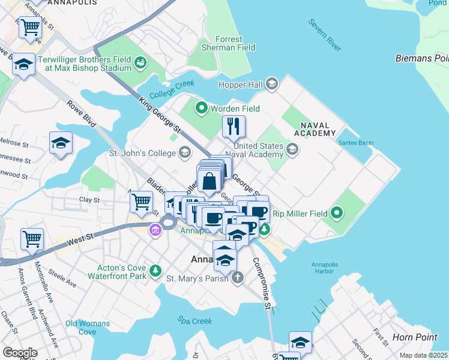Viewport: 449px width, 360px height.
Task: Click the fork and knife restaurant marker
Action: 234,127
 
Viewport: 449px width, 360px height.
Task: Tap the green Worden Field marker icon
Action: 201,109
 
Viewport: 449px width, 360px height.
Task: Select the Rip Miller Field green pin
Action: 337,213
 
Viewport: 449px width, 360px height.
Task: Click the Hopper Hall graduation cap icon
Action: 272,84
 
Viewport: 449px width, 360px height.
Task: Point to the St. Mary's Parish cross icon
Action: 238,277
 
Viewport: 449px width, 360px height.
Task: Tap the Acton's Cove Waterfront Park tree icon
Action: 156,271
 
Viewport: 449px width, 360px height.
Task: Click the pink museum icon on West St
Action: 155,230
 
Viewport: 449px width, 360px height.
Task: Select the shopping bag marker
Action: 209,180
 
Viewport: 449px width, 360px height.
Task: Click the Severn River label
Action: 325,34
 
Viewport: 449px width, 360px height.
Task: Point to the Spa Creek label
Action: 194,321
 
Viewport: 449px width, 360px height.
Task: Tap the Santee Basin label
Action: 356,143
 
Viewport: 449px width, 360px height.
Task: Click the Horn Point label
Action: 415,337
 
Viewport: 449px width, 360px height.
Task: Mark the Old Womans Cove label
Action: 88,328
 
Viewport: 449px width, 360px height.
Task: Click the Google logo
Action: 19,352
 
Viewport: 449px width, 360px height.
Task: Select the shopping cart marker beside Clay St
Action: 141,202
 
